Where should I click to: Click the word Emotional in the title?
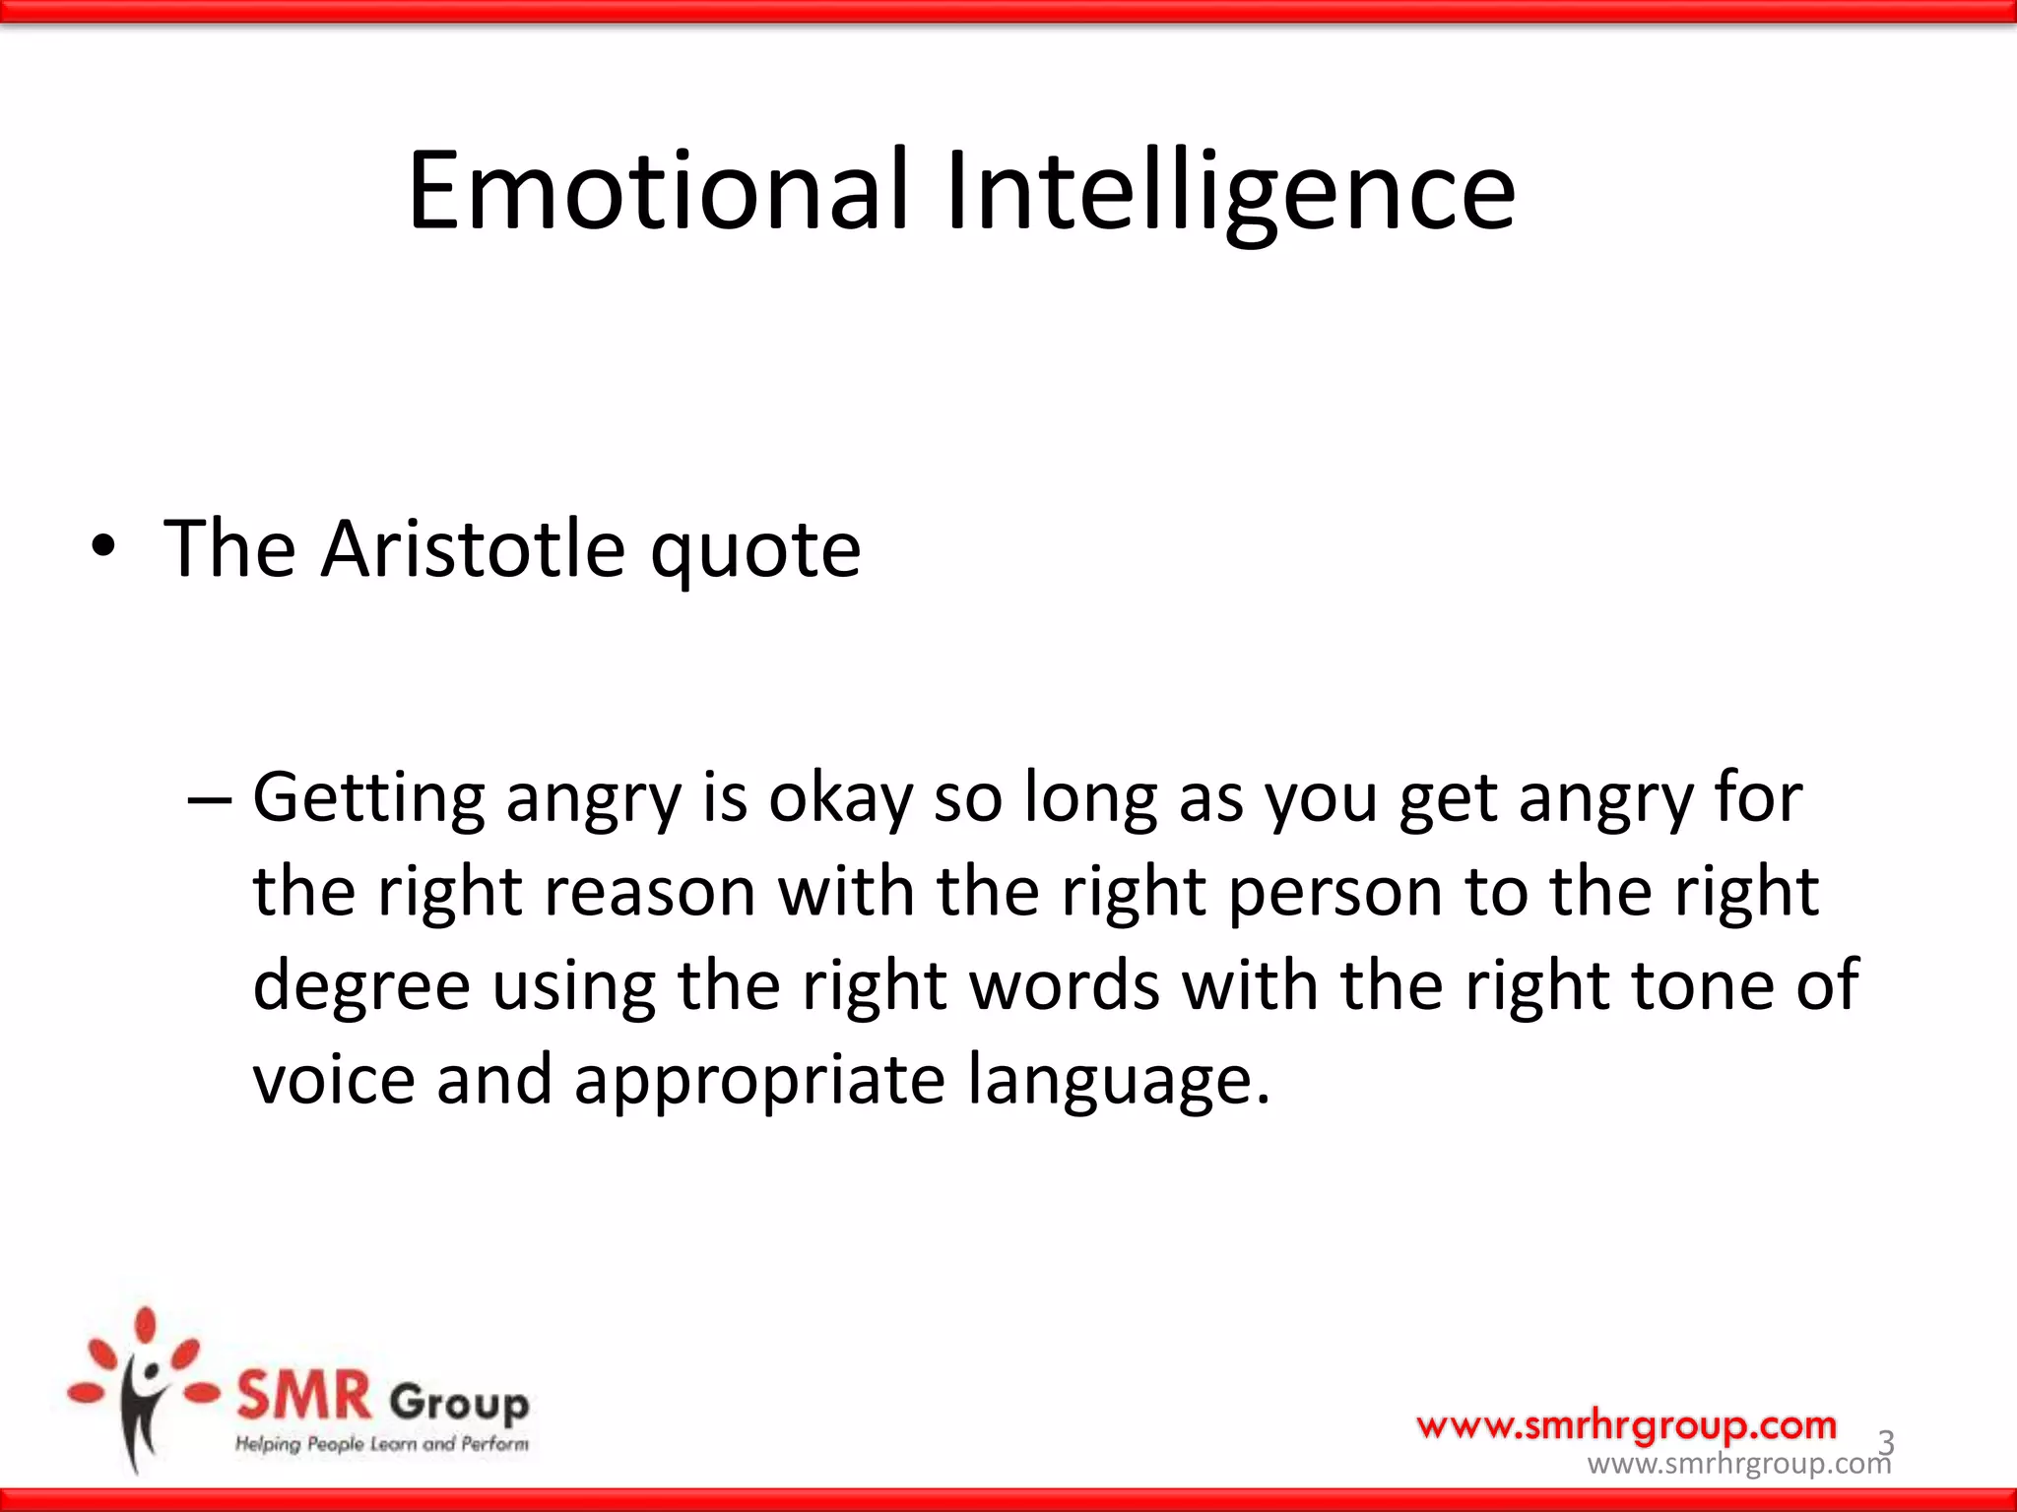click(x=658, y=191)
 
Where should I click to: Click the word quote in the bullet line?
click(x=755, y=551)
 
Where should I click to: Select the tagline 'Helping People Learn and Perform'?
click(x=382, y=1444)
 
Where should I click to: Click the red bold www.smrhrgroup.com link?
click(x=1626, y=1424)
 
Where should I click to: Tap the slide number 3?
click(x=1885, y=1442)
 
